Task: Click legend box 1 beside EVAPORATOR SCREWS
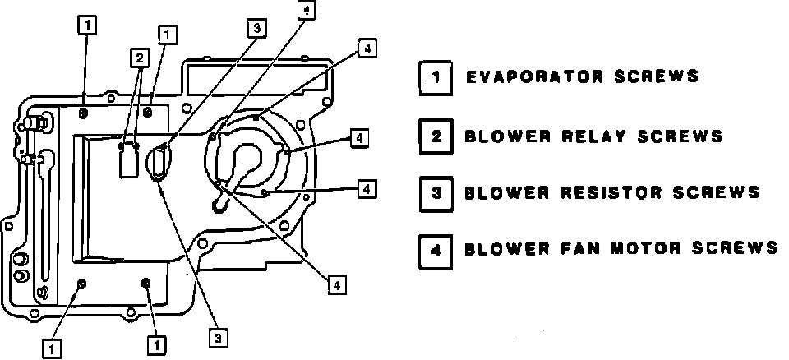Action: [436, 77]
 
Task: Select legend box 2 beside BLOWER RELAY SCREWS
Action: [436, 136]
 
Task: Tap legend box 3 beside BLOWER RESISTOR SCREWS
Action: [436, 193]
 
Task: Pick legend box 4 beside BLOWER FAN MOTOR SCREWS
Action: [436, 248]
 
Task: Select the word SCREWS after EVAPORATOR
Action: [657, 77]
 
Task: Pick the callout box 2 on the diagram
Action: [140, 58]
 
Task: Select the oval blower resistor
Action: [158, 163]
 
